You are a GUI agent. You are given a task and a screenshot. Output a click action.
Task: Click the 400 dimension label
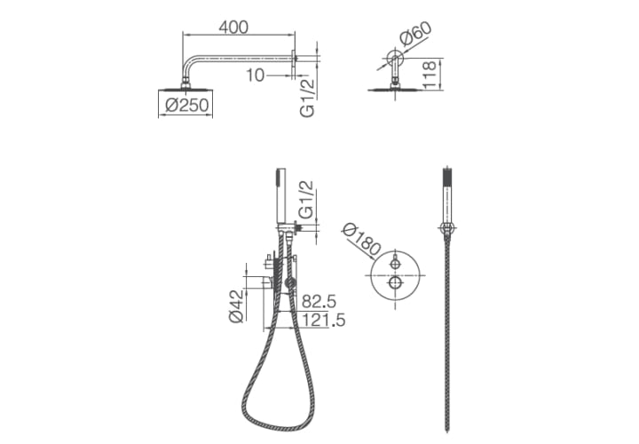233,28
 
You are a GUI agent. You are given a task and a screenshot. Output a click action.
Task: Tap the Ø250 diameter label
187,105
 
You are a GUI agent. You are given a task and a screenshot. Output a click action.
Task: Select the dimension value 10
255,75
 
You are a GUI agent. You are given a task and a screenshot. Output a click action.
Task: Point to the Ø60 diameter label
415,34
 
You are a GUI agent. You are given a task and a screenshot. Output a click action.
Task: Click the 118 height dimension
430,75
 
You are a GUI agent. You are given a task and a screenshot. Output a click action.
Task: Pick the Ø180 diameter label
361,241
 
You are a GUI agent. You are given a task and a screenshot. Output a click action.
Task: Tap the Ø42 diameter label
236,305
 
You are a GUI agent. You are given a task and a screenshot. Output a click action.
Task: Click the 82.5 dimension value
319,302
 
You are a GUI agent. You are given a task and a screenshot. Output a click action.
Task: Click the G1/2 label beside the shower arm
307,98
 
